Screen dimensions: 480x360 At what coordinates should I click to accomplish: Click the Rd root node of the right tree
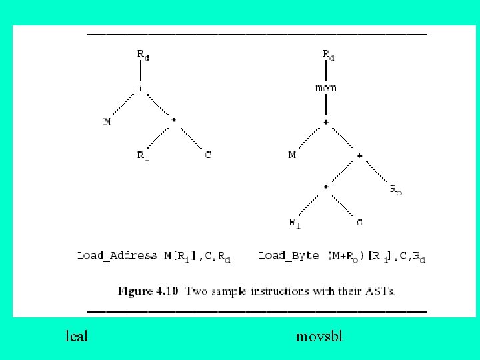pyautogui.click(x=329, y=55)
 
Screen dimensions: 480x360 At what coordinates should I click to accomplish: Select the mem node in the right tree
pyautogui.click(x=326, y=88)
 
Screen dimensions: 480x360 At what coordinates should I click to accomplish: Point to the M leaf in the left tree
pyautogui.click(x=107, y=122)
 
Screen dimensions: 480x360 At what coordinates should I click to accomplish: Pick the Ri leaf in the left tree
pyautogui.click(x=143, y=156)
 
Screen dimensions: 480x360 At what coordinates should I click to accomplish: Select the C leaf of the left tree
pyautogui.click(x=208, y=155)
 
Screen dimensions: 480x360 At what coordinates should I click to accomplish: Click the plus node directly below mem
pyautogui.click(x=326, y=122)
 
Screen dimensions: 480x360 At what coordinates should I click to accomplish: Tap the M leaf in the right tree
pyautogui.click(x=292, y=155)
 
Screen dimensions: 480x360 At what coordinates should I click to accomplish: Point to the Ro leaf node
pyautogui.click(x=395, y=189)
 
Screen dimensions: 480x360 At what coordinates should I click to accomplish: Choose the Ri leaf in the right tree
pyautogui.click(x=294, y=223)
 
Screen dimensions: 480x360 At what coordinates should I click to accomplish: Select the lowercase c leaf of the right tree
pyautogui.click(x=359, y=223)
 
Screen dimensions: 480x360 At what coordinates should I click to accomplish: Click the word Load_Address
pyautogui.click(x=117, y=255)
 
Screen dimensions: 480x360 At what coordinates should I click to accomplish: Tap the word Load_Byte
pyautogui.click(x=289, y=255)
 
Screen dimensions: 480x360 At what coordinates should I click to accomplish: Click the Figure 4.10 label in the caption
pyautogui.click(x=149, y=291)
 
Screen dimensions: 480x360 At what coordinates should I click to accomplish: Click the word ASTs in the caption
pyautogui.click(x=381, y=291)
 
